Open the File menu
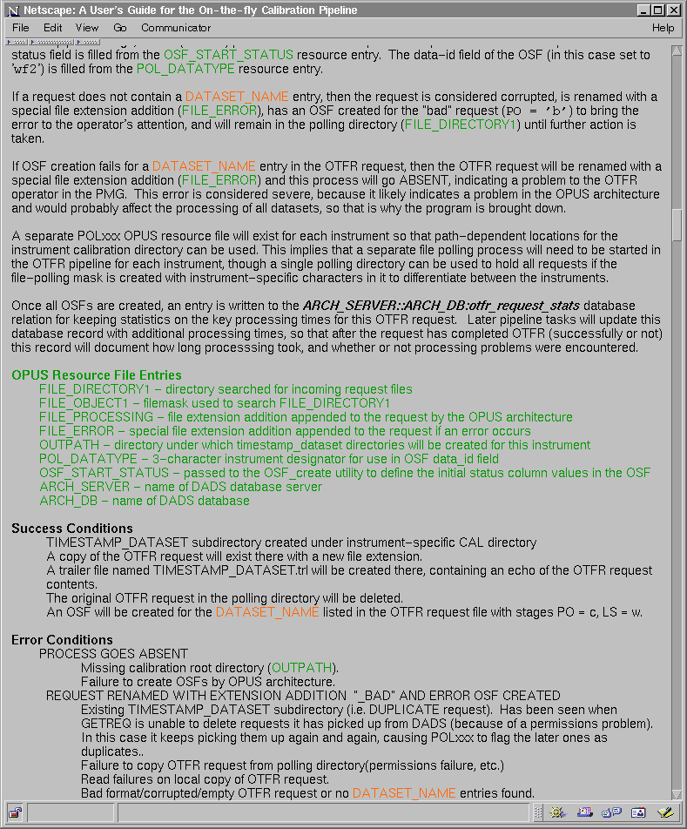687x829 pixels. pyautogui.click(x=20, y=28)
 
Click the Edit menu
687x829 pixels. pyautogui.click(x=53, y=28)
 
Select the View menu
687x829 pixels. pyautogui.click(x=87, y=28)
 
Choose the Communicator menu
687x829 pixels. pyautogui.click(x=176, y=28)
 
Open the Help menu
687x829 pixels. pyautogui.click(x=663, y=28)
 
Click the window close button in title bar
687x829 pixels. pyautogui.click(x=673, y=10)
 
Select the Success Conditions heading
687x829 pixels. pyautogui.click(x=72, y=529)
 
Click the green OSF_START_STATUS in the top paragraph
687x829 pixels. pyautogui.click(x=228, y=55)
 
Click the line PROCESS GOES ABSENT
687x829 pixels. pyautogui.click(x=113, y=654)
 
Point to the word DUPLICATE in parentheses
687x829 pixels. pyautogui.click(x=411, y=710)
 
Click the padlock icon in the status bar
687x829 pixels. pyautogui.click(x=15, y=812)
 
